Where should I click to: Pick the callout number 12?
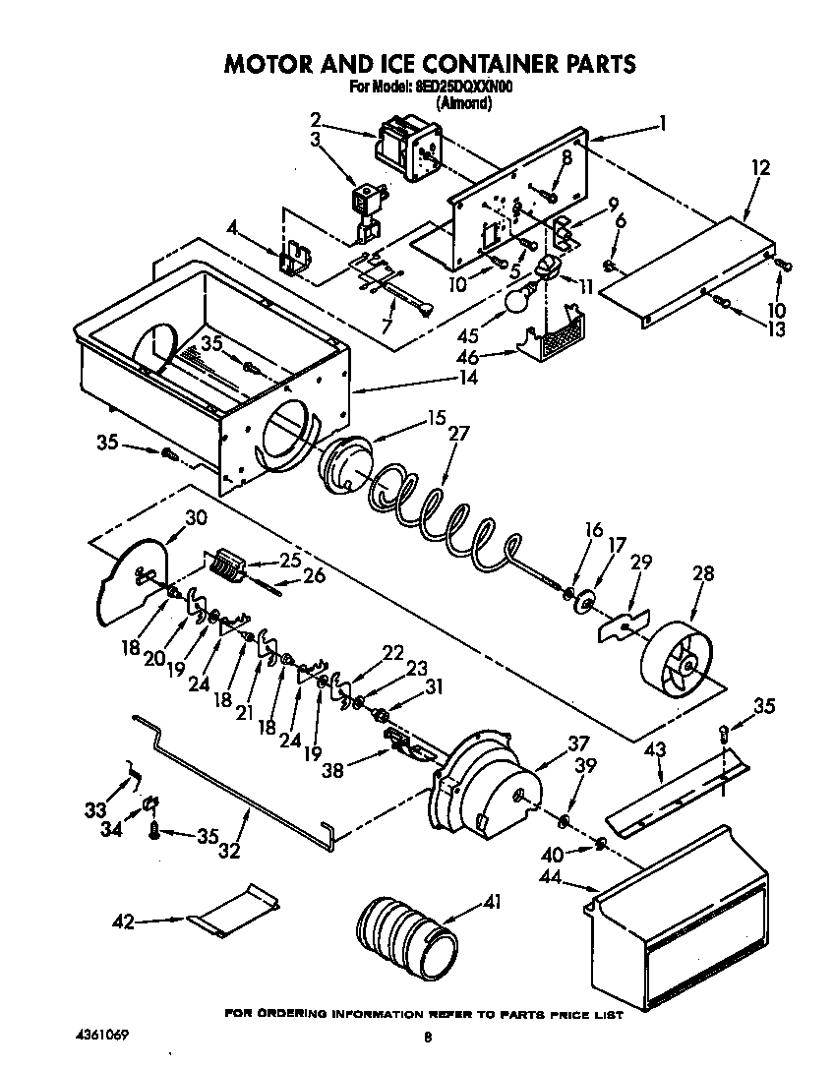(761, 167)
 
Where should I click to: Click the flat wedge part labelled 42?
(234, 910)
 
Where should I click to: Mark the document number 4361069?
(100, 1037)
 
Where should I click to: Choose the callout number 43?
(653, 750)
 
